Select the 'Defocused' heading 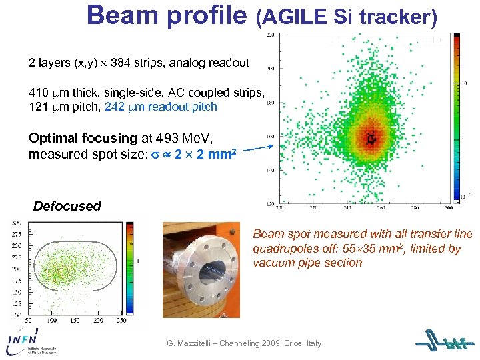67,206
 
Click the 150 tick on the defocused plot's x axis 74,321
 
